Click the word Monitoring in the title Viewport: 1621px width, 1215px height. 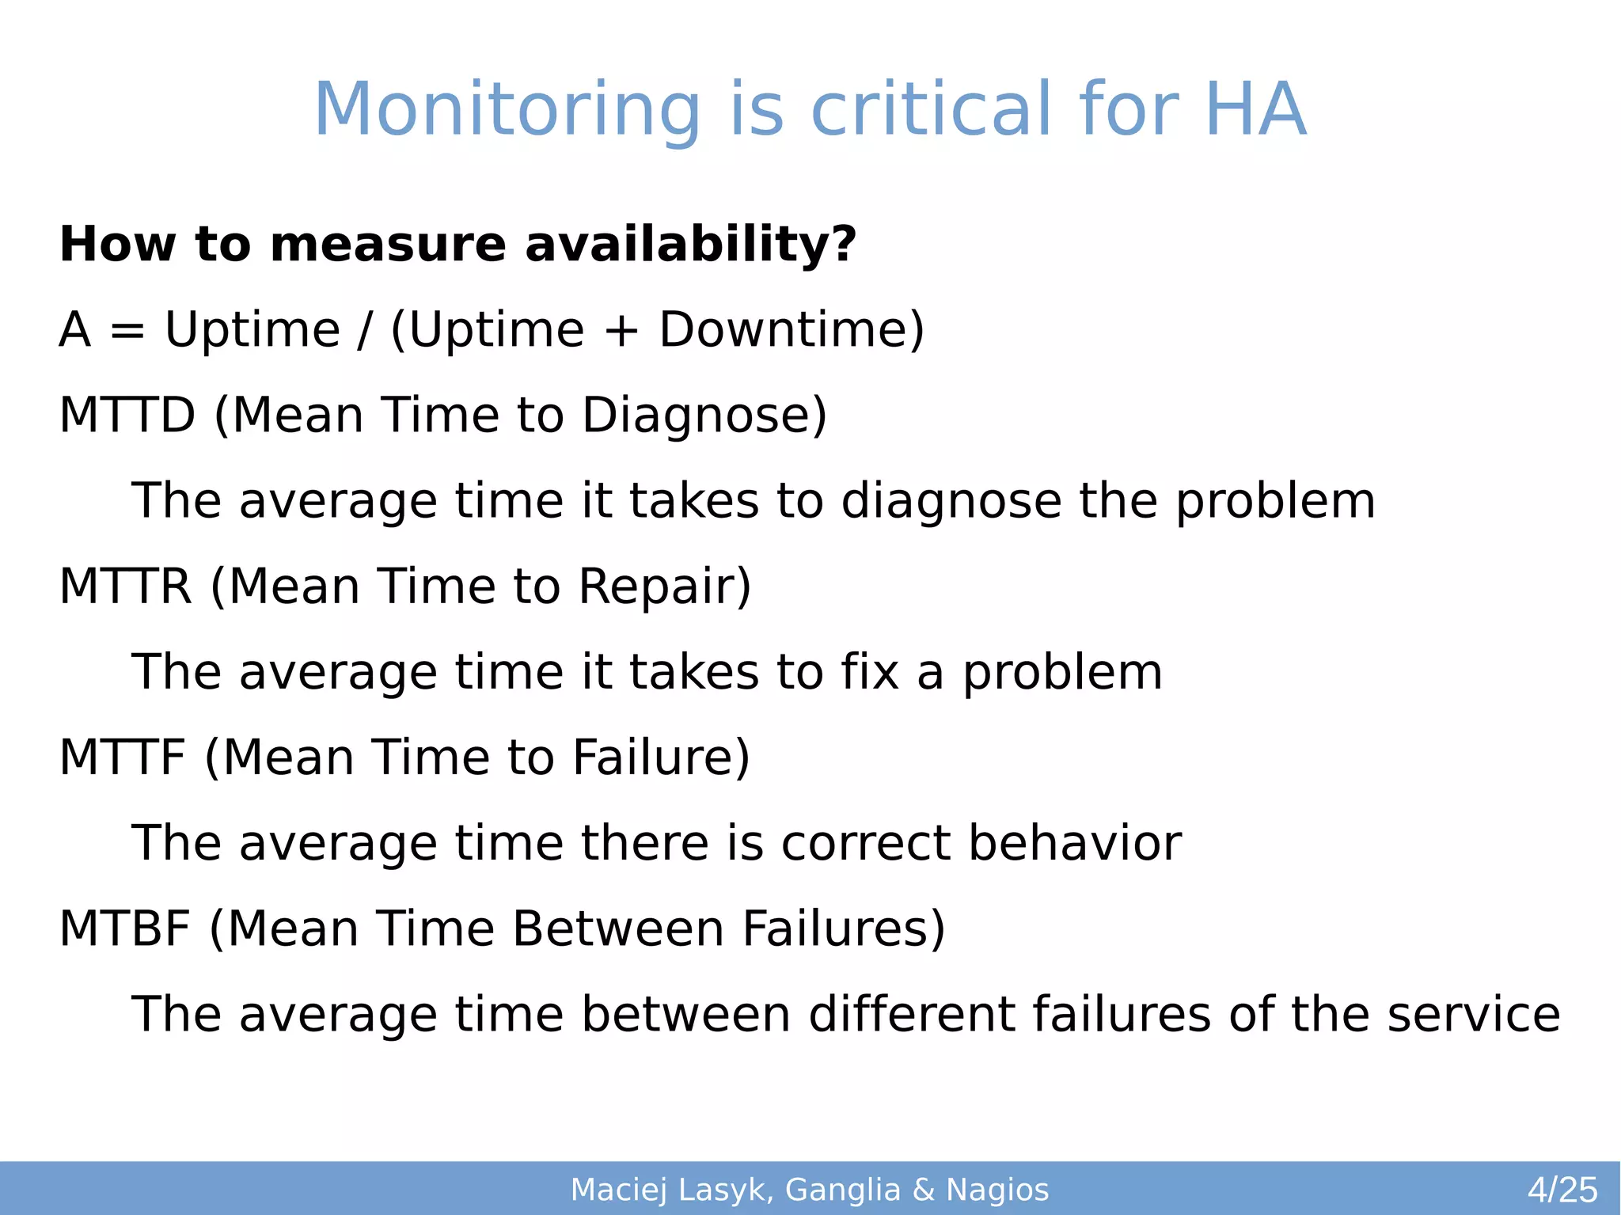click(507, 111)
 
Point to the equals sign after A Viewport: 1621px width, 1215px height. click(127, 331)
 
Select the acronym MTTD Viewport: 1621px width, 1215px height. click(127, 415)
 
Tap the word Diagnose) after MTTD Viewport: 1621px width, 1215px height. click(704, 415)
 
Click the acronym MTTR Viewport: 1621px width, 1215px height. click(125, 587)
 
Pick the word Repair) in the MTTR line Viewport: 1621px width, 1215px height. click(664, 587)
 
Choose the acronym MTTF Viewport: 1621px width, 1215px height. click(122, 757)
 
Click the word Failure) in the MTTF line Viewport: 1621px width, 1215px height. click(660, 757)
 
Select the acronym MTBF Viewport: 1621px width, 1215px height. click(124, 928)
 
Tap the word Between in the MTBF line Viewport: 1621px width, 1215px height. click(617, 928)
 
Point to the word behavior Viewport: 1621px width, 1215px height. click(1074, 843)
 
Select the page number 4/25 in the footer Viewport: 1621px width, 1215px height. click(1562, 1190)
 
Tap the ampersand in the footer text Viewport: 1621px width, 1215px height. click(923, 1190)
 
